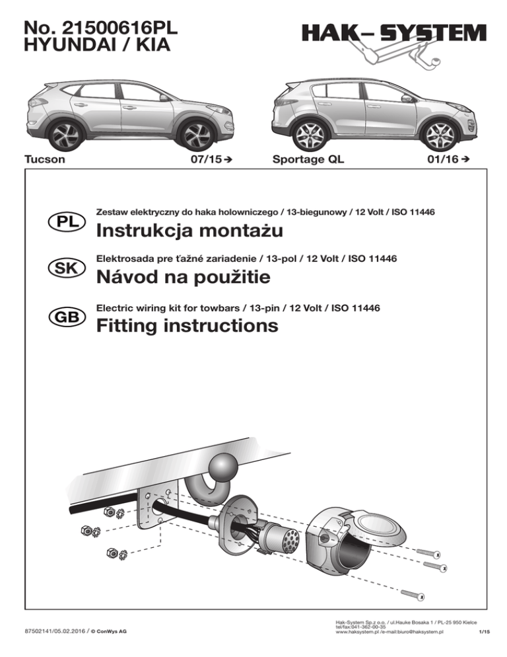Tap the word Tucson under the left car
coord(44,160)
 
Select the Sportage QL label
coord(308,160)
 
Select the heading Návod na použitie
coord(183,278)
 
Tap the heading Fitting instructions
coord(187,326)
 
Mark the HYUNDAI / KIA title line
coord(96,46)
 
